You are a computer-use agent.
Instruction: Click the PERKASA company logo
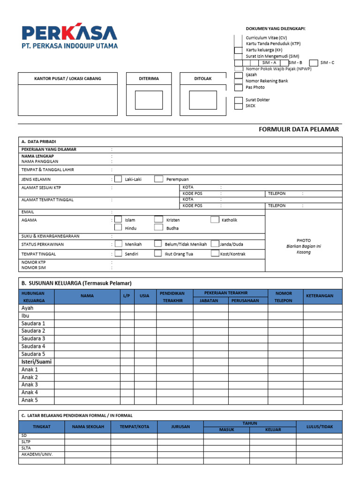69,36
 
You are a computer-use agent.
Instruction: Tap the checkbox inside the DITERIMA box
149,100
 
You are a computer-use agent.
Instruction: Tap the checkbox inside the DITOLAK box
203,100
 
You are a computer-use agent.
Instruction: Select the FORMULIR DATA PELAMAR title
299,129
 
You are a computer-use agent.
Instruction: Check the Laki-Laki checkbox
118,179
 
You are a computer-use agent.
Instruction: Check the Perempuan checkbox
159,179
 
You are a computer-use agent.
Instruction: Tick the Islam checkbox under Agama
118,219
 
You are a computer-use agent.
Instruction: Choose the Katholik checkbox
215,219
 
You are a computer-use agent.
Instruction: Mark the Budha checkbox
159,228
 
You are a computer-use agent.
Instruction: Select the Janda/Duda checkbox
215,244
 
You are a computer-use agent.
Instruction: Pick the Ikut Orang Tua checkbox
159,254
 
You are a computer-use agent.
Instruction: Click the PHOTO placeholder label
303,240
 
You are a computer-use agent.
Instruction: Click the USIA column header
145,296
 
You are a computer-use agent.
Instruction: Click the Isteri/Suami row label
37,362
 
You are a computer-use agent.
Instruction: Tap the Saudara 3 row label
33,338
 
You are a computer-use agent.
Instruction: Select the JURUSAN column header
180,427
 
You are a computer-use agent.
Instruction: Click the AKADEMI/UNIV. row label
37,454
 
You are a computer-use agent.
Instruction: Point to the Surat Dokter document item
257,100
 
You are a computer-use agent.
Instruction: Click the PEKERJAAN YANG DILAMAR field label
49,150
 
